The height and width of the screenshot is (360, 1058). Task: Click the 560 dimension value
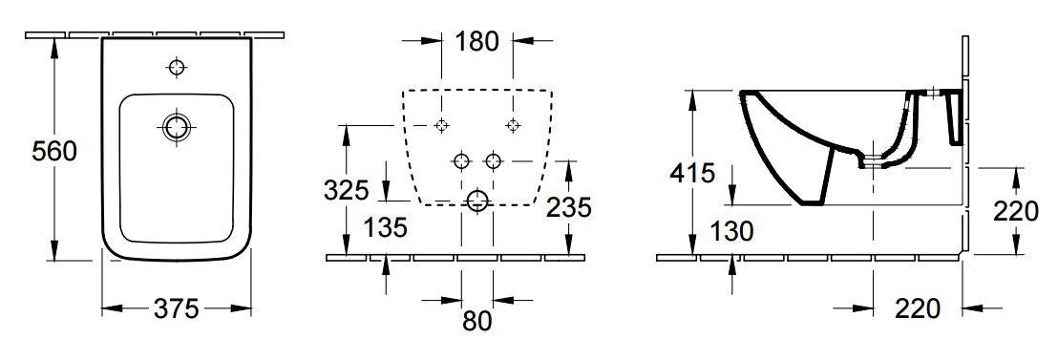pyautogui.click(x=54, y=152)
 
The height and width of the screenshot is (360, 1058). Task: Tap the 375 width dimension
pyautogui.click(x=176, y=308)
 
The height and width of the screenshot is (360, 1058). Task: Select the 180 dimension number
pyautogui.click(x=476, y=42)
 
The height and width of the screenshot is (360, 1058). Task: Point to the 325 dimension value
pyautogui.click(x=347, y=191)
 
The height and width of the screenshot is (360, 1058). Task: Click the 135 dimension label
pyautogui.click(x=385, y=228)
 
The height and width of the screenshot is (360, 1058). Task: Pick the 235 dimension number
pyautogui.click(x=569, y=207)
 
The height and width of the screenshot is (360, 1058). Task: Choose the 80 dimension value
pyautogui.click(x=477, y=321)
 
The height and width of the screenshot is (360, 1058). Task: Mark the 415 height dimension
pyautogui.click(x=692, y=174)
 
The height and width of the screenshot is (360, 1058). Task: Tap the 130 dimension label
pyautogui.click(x=730, y=231)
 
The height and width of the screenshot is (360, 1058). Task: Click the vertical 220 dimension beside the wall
pyautogui.click(x=1015, y=212)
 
